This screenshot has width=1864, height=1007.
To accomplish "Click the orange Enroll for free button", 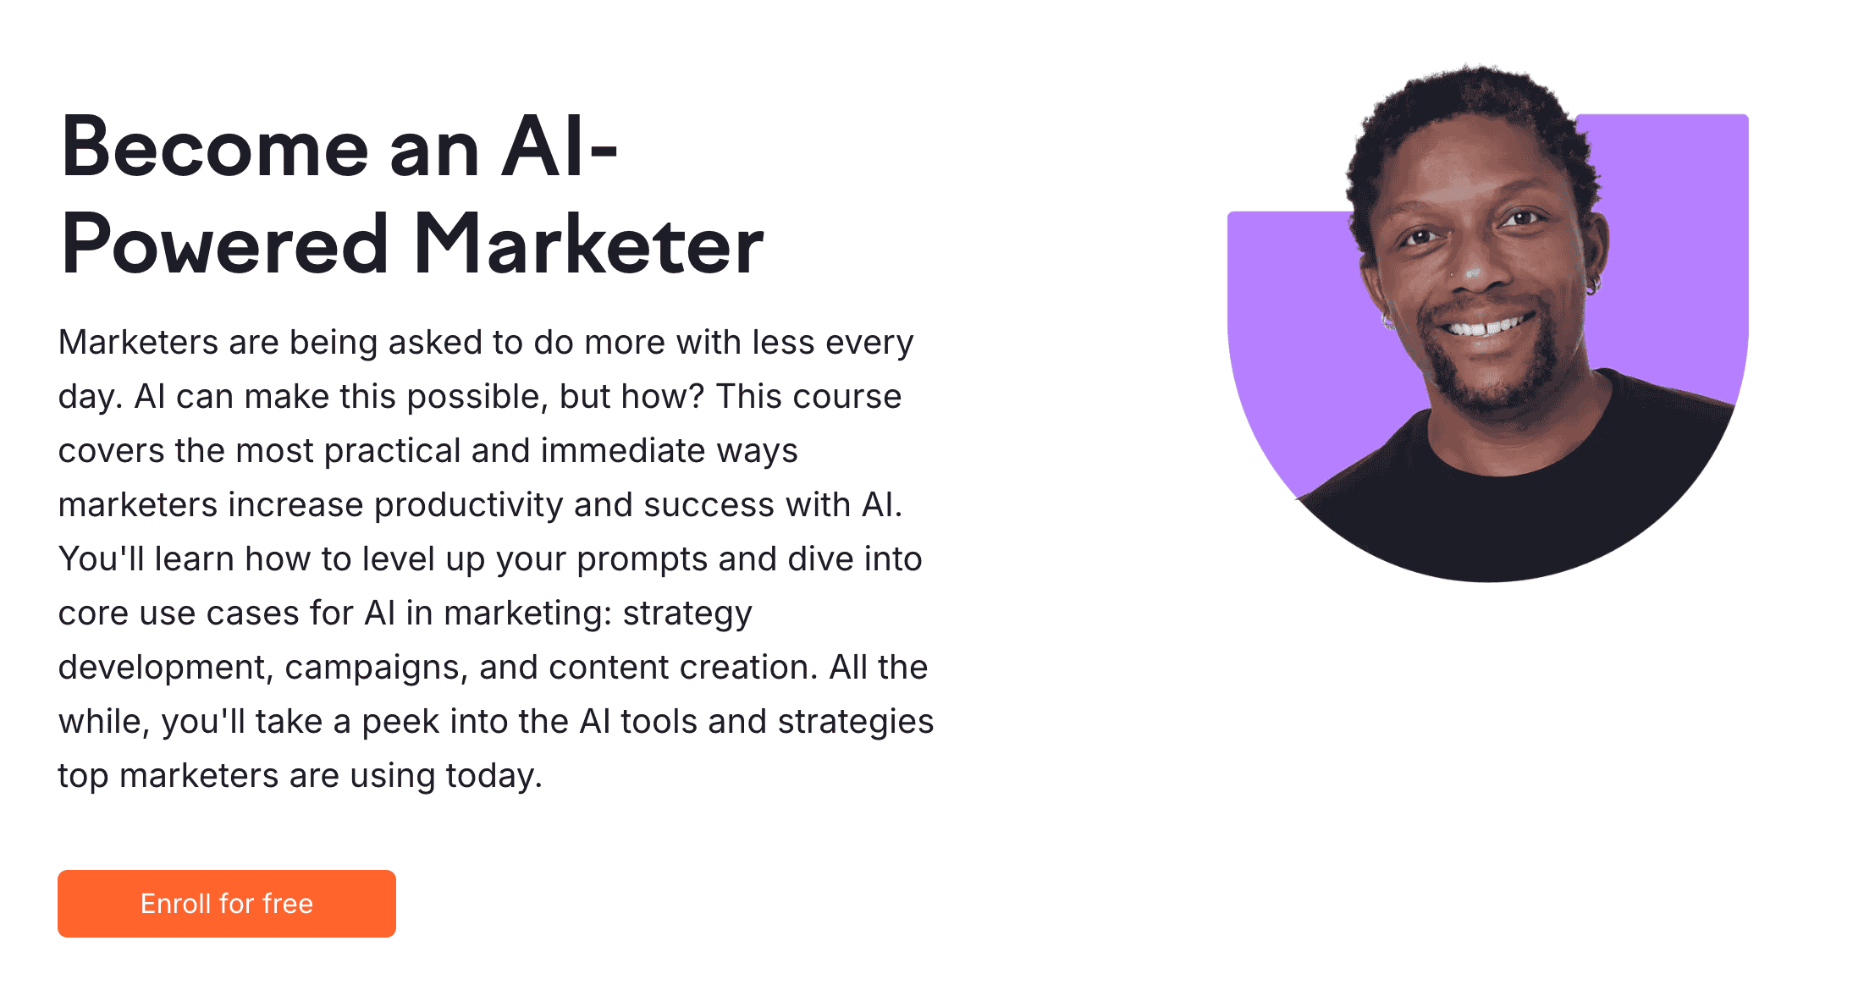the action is point(227,903).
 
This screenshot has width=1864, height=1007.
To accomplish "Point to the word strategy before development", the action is point(687,614).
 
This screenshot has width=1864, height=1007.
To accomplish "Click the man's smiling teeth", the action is point(1486,327).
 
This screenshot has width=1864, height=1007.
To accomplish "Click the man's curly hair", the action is point(1473,110).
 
